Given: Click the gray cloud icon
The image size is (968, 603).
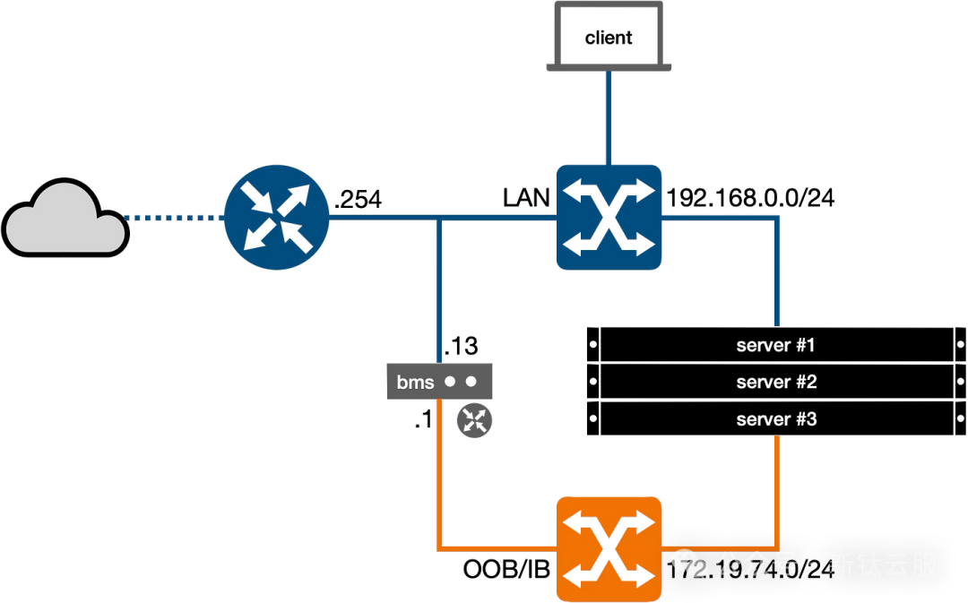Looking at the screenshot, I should click(x=65, y=220).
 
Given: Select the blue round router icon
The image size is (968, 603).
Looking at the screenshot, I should click(x=277, y=216).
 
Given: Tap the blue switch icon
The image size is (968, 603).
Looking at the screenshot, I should click(x=609, y=217).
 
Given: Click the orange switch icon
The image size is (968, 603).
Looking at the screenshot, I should click(x=609, y=547).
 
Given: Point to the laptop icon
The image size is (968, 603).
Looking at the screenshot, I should click(x=609, y=37).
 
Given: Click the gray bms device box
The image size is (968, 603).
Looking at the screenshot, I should click(x=439, y=382).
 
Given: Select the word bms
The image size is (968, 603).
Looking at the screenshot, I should click(x=415, y=383).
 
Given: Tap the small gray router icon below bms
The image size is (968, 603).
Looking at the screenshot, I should click(x=474, y=419).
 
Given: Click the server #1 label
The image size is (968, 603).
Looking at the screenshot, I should click(x=775, y=345).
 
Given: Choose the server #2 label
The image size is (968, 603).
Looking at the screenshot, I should click(x=775, y=383).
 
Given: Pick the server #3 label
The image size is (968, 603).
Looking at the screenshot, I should click(x=775, y=419).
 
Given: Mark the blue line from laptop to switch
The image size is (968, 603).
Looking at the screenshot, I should click(x=609, y=116).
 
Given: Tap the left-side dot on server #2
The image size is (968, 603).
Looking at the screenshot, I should click(x=592, y=383).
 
